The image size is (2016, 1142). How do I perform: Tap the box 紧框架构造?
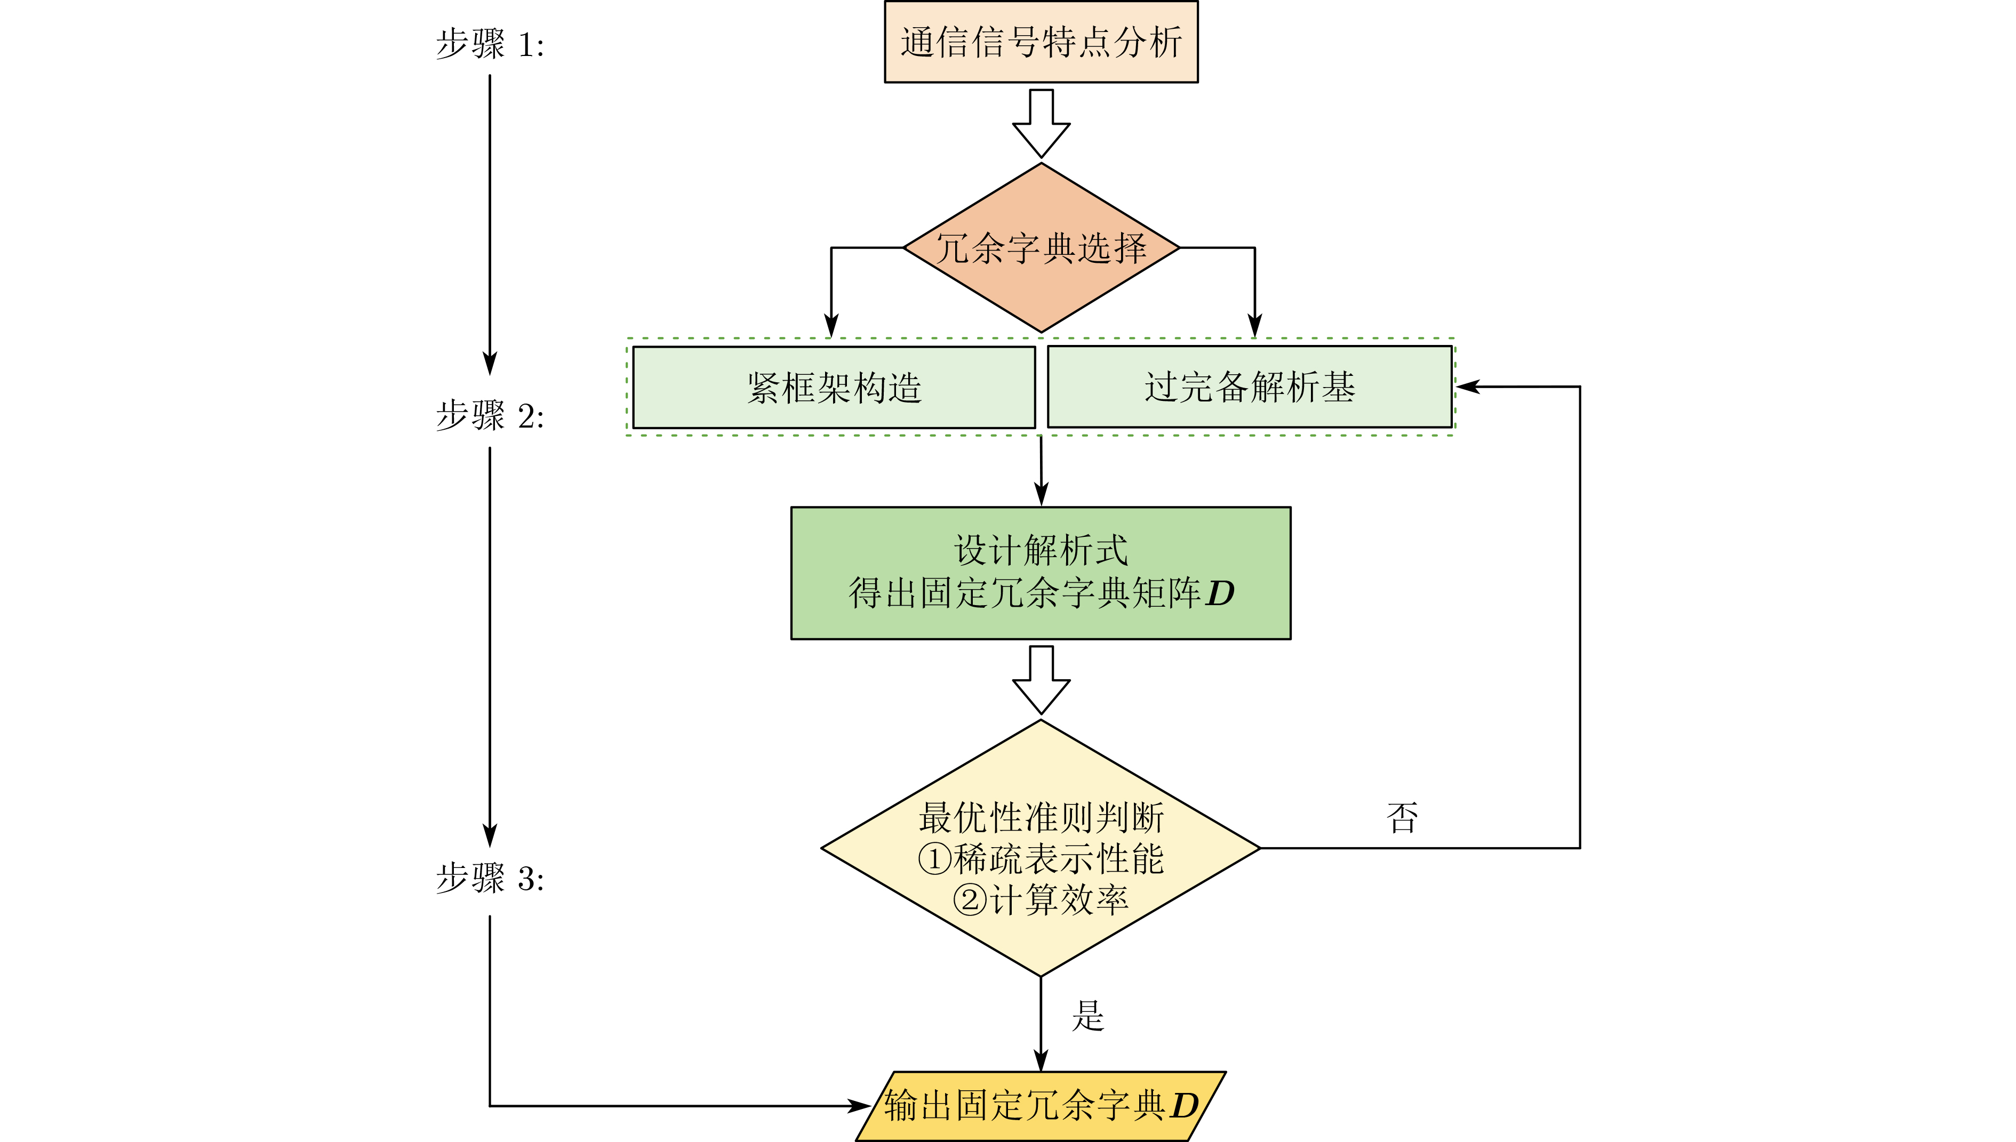[x=833, y=388]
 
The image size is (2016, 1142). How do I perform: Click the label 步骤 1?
[x=490, y=44]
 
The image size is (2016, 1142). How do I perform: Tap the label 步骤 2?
[x=490, y=416]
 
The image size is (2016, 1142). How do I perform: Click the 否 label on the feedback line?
[x=1402, y=818]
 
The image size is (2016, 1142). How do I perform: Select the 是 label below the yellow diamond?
[x=1088, y=1016]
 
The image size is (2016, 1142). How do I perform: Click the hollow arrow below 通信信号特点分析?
[x=1041, y=124]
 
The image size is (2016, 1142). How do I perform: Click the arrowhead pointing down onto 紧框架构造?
[x=831, y=326]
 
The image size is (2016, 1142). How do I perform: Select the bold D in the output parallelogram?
[x=1185, y=1106]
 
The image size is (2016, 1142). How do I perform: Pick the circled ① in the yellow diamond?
[x=934, y=859]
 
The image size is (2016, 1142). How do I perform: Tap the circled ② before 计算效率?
[x=970, y=899]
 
